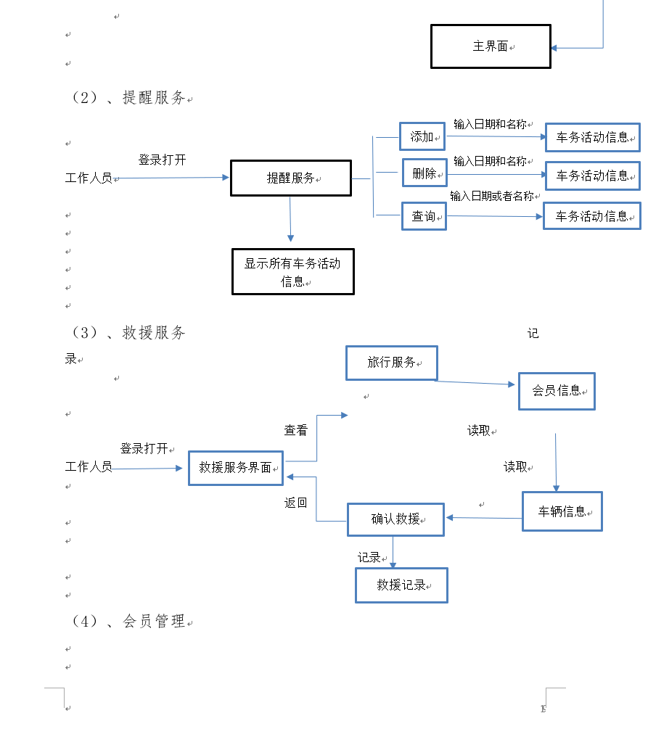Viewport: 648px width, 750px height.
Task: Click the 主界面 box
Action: (x=491, y=46)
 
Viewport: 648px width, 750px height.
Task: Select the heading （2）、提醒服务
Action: (x=128, y=98)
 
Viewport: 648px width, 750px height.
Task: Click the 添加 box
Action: (x=422, y=136)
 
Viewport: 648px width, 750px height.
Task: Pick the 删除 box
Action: (x=425, y=173)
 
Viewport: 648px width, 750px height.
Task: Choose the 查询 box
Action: (x=424, y=216)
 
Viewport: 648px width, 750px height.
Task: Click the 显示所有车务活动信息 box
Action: (x=292, y=272)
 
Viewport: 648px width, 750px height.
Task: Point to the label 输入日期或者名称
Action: (x=491, y=196)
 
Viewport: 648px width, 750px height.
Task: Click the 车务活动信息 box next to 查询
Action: (x=591, y=216)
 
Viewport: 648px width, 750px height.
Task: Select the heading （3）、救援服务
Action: (x=128, y=333)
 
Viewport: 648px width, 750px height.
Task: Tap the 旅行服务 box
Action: (x=392, y=363)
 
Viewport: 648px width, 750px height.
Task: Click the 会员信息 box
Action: (x=557, y=391)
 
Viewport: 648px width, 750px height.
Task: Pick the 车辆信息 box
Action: (x=562, y=511)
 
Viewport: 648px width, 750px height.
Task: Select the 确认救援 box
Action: (x=395, y=519)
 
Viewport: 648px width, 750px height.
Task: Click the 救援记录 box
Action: (x=401, y=585)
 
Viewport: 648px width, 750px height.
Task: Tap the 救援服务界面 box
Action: (x=235, y=468)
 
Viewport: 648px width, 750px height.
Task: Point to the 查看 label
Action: (x=295, y=431)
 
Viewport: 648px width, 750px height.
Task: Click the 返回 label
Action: (x=295, y=503)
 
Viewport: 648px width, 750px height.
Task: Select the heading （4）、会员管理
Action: (x=128, y=622)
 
